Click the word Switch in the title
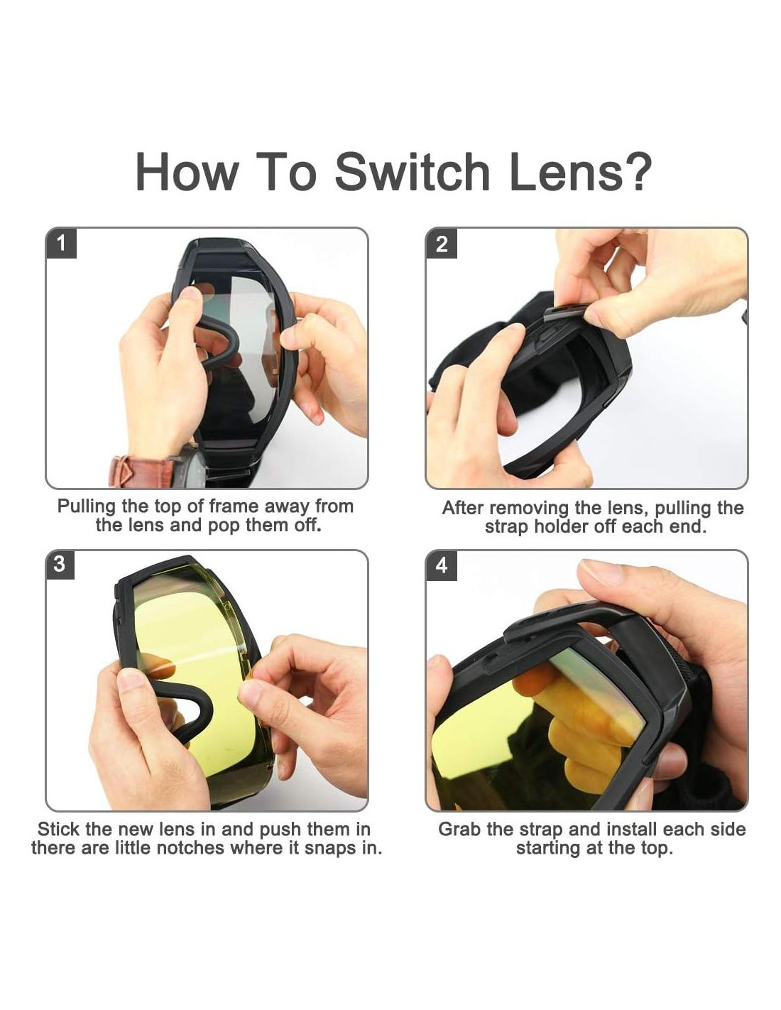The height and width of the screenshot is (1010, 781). (412, 172)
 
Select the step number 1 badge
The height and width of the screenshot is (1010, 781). (61, 243)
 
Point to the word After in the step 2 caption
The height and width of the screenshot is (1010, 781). (463, 508)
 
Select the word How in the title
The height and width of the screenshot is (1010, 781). (187, 171)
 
